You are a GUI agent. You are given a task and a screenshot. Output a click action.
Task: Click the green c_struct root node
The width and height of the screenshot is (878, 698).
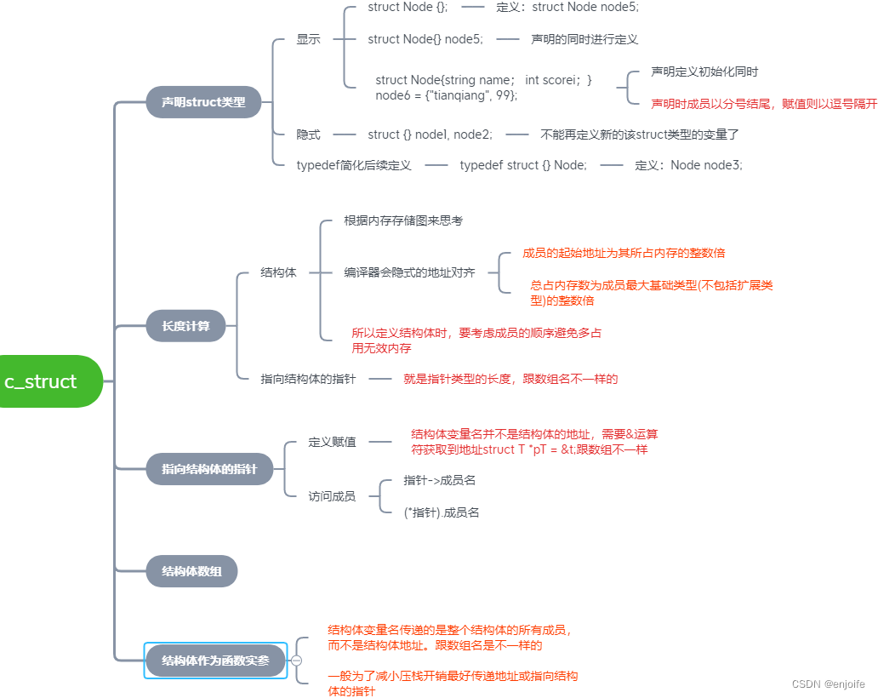(x=47, y=381)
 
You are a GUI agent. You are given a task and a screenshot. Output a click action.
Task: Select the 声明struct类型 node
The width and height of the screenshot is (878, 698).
(x=203, y=102)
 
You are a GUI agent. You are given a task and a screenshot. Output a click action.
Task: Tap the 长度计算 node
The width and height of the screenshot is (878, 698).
(x=185, y=325)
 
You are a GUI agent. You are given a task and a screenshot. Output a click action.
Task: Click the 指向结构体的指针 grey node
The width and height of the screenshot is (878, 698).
(x=209, y=469)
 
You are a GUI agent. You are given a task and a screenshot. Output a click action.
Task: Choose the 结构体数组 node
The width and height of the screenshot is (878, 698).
(x=191, y=571)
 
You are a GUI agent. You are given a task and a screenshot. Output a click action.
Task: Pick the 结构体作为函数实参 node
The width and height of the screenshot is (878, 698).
(x=215, y=661)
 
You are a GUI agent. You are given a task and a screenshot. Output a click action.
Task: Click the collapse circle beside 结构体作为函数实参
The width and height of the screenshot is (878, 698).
(x=296, y=661)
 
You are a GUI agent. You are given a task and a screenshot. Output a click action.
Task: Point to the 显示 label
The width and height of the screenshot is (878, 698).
(x=308, y=39)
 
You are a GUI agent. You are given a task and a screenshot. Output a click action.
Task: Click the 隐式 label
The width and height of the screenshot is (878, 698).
(x=308, y=134)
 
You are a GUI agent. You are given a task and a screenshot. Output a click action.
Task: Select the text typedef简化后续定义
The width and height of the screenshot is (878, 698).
(x=353, y=165)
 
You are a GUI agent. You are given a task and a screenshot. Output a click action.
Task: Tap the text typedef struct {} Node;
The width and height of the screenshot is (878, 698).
(x=523, y=165)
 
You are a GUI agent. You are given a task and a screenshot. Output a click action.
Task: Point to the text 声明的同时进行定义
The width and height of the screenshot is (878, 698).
(x=584, y=39)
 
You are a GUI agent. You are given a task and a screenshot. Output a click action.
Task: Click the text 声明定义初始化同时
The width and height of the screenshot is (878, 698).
(x=704, y=72)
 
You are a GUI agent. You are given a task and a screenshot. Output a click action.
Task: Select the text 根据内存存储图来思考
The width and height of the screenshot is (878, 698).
(x=402, y=220)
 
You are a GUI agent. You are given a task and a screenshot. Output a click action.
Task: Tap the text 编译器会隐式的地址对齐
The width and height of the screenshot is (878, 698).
(x=409, y=272)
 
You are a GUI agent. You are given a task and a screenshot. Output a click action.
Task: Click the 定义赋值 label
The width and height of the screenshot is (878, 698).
(x=332, y=443)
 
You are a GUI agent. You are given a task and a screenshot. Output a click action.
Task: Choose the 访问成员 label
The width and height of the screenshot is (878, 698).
(x=332, y=496)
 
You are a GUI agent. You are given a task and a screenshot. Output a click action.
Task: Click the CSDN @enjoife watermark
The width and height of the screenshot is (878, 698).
(x=828, y=684)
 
